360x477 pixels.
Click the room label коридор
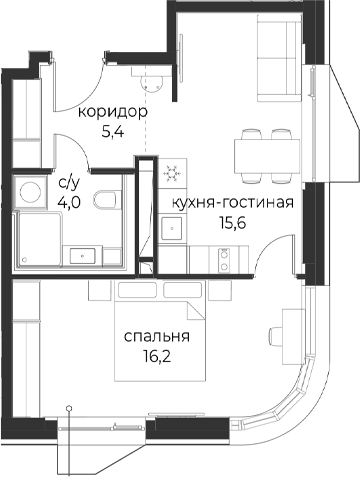[x=113, y=113]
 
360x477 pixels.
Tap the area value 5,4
[x=113, y=132]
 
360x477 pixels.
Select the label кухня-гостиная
[x=233, y=203]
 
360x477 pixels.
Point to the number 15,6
[x=232, y=223]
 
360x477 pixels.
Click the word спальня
[x=157, y=337]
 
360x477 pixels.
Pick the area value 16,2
[x=157, y=357]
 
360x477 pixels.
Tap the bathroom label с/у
[x=70, y=183]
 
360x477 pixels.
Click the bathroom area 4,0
[x=69, y=202]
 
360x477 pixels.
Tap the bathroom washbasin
[x=82, y=256]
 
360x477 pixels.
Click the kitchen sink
[x=172, y=229]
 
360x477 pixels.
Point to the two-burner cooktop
[x=224, y=260]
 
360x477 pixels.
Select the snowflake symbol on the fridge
[x=172, y=174]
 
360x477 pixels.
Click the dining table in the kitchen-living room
[x=267, y=156]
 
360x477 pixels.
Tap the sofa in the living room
[x=280, y=58]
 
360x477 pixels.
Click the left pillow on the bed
[x=137, y=289]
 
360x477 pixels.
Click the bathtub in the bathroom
[x=40, y=239]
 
